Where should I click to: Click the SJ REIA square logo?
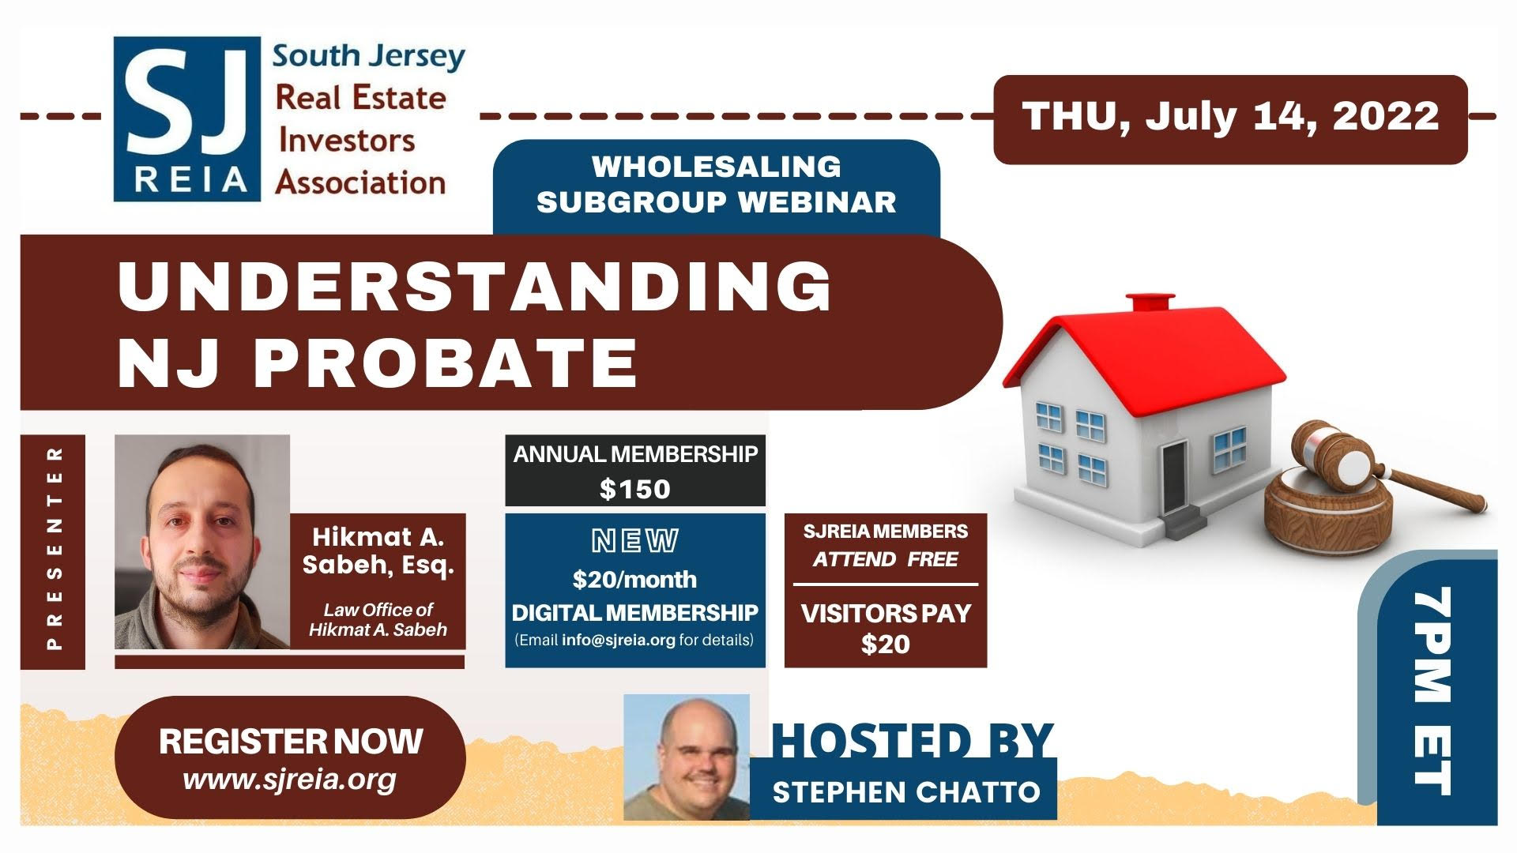(x=187, y=119)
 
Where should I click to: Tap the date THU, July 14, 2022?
(x=1230, y=117)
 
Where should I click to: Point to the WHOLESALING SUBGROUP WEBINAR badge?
(x=717, y=185)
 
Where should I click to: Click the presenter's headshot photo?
(x=202, y=542)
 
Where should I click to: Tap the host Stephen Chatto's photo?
(x=687, y=757)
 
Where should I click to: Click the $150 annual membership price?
(x=635, y=489)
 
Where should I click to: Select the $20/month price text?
(x=635, y=580)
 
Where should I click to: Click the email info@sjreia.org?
(x=619, y=640)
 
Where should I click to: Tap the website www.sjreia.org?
(x=289, y=780)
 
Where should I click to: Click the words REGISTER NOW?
(x=291, y=741)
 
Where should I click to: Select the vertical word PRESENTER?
(x=55, y=548)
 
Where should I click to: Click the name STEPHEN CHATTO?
(x=906, y=791)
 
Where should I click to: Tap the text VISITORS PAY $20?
(x=886, y=629)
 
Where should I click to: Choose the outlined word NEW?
(x=635, y=541)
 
